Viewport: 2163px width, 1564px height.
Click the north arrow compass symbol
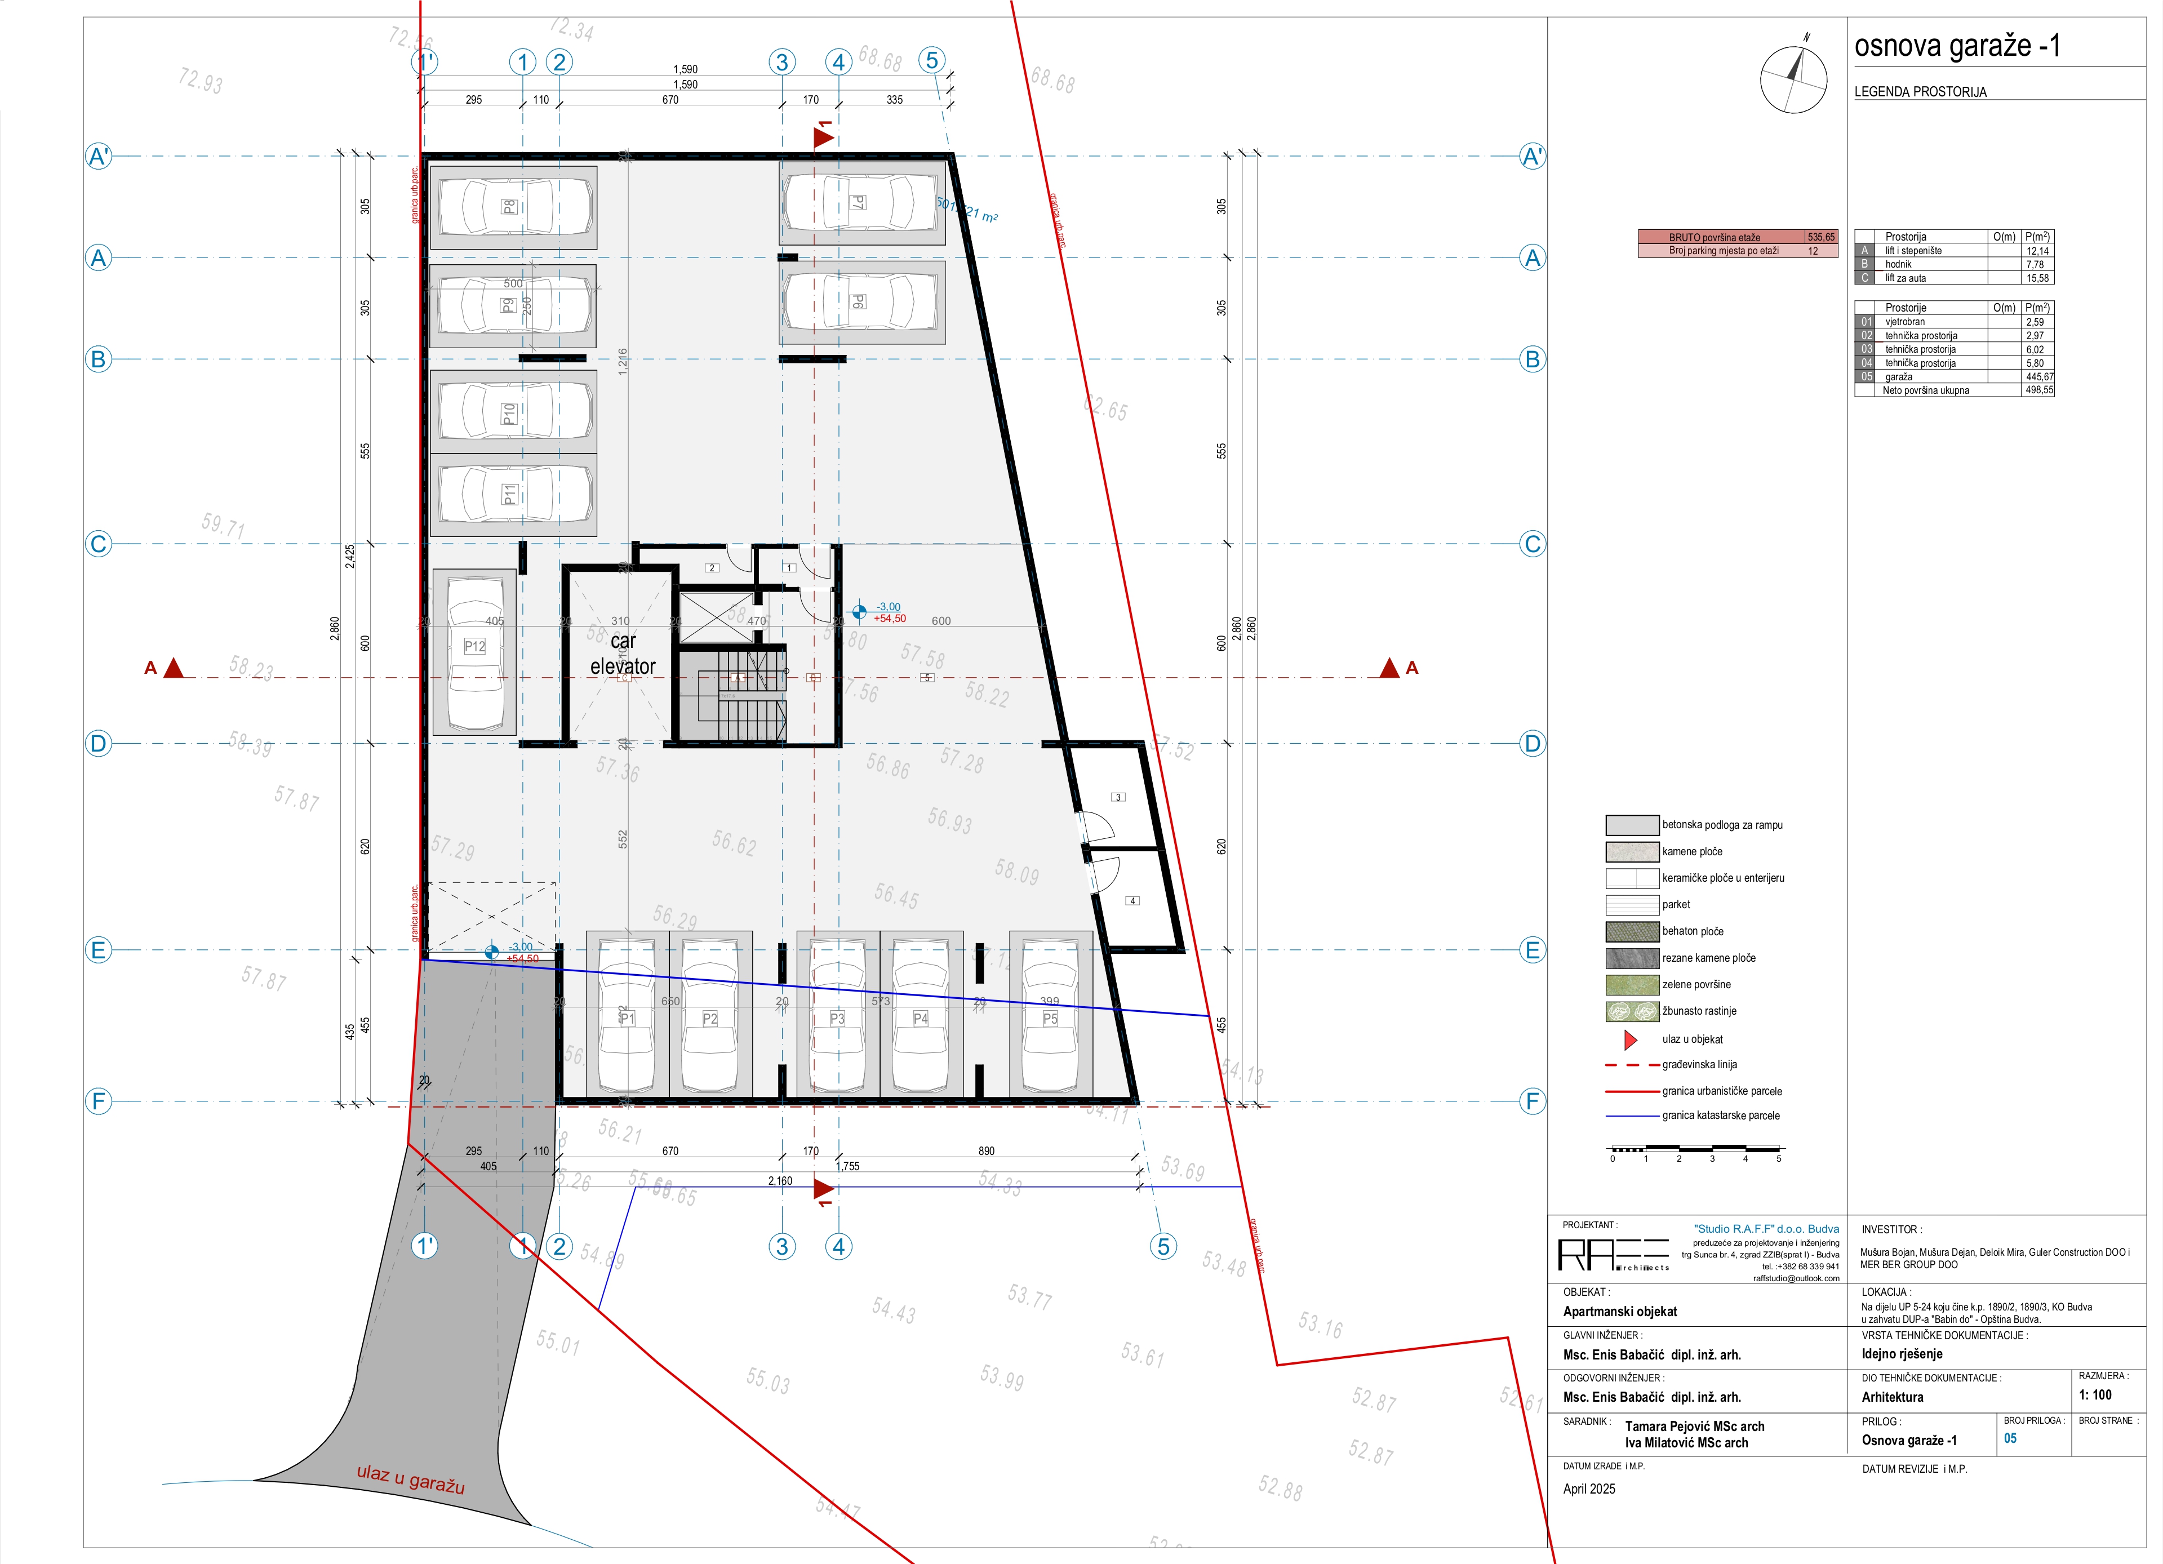[1793, 78]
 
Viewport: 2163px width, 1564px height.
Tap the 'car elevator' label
[623, 654]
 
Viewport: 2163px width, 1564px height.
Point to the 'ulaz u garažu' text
[410, 1478]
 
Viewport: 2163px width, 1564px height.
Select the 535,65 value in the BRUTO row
[1820, 237]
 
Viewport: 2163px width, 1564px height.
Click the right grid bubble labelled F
[1531, 1101]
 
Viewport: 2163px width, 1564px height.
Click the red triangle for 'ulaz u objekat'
[1631, 1039]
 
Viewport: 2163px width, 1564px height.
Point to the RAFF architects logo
[1613, 1254]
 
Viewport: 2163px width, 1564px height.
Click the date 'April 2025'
[1589, 1489]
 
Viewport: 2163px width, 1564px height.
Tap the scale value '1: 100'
[2095, 1394]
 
